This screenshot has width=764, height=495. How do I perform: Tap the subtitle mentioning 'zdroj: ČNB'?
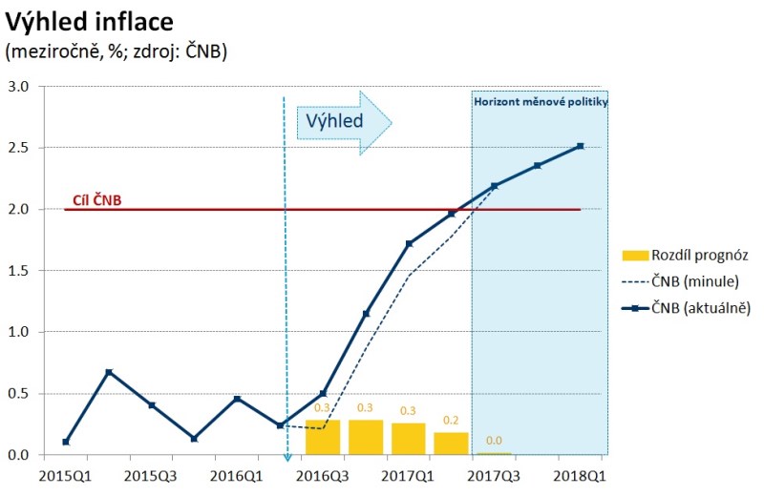click(x=116, y=52)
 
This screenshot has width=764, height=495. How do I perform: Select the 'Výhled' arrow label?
click(x=335, y=121)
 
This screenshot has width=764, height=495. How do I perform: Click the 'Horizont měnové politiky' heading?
click(x=541, y=100)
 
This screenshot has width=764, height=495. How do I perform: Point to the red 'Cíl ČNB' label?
click(x=96, y=201)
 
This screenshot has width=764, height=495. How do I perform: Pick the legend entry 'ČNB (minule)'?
click(x=699, y=281)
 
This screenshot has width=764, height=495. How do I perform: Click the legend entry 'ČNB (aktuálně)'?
click(x=705, y=308)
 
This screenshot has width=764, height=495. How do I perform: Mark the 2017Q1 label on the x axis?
click(x=408, y=474)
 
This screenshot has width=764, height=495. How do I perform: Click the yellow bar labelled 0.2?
click(x=451, y=443)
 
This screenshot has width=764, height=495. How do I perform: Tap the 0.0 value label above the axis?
click(x=494, y=441)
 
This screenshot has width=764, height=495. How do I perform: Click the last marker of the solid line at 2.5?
click(x=580, y=146)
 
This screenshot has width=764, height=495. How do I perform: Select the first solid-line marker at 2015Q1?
click(x=66, y=442)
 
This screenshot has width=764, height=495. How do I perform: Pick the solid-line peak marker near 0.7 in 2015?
click(x=109, y=372)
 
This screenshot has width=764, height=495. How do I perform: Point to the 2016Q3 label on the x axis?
click(x=322, y=474)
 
